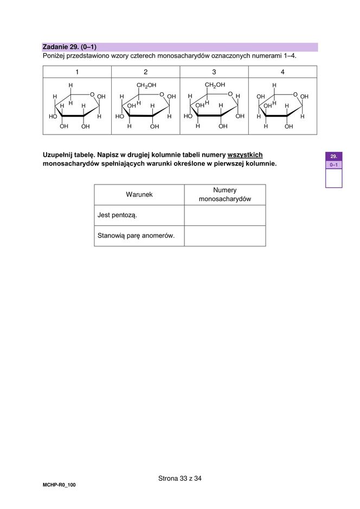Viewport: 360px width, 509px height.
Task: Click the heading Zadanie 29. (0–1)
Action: click(x=69, y=47)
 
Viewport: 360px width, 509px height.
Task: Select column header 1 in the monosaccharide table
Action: click(x=77, y=72)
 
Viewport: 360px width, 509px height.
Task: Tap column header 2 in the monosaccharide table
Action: click(x=145, y=72)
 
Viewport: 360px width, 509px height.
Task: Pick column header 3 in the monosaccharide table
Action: click(x=214, y=72)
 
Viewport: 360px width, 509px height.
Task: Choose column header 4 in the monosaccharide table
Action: click(x=282, y=72)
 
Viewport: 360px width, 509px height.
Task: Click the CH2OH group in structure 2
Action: click(x=146, y=85)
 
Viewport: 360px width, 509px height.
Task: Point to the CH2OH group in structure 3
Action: click(x=215, y=85)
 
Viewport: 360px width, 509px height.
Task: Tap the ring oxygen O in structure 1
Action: click(x=93, y=94)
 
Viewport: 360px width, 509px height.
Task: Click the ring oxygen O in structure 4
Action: click(x=295, y=94)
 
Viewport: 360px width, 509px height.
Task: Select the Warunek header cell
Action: click(x=139, y=194)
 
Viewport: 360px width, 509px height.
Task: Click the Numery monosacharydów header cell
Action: click(x=225, y=194)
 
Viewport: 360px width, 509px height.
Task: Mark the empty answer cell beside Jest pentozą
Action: click(x=225, y=215)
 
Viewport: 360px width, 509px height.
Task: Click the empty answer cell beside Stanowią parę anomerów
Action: click(x=225, y=236)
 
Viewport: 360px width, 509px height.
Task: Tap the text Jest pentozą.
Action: click(x=117, y=215)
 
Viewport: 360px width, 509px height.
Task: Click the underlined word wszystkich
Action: click(x=245, y=155)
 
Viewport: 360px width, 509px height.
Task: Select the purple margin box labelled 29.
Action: click(x=333, y=156)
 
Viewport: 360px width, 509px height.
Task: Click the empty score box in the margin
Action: click(x=333, y=178)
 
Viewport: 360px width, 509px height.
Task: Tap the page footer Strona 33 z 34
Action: click(x=180, y=478)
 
